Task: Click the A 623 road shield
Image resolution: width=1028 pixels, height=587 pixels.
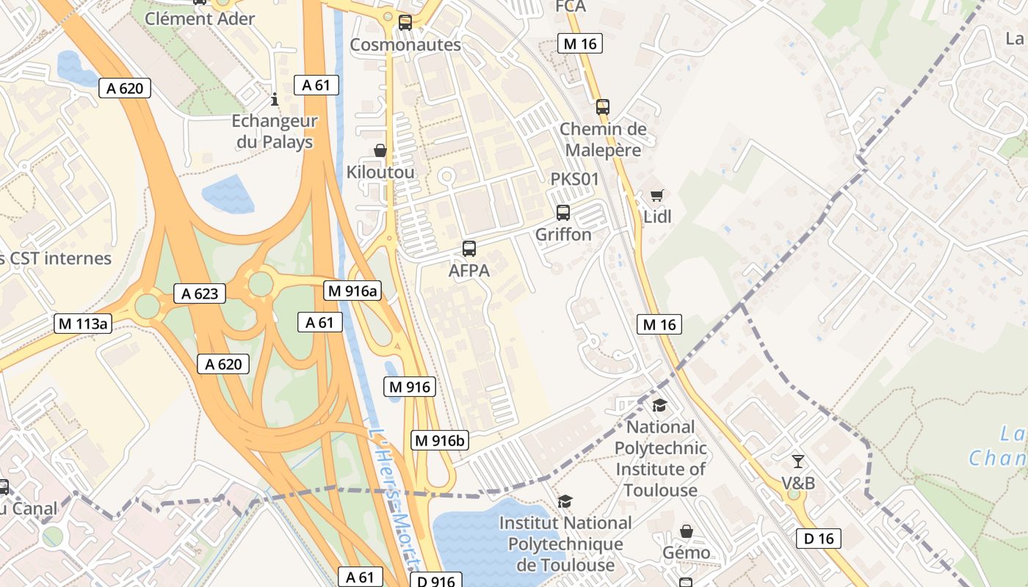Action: pos(200,294)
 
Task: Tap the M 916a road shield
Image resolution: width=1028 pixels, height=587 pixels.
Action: pos(352,291)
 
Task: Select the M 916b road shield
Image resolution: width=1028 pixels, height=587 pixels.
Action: pos(439,440)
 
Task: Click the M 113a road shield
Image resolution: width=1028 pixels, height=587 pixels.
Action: pos(82,324)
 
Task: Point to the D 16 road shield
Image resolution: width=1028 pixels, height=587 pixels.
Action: pos(819,539)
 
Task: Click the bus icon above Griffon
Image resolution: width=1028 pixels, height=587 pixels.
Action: pos(563,213)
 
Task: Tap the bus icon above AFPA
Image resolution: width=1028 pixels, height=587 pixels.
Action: pos(469,249)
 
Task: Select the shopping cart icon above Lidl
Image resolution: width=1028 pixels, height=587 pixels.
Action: pos(657,195)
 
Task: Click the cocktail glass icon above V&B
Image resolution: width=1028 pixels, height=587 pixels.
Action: pos(797,462)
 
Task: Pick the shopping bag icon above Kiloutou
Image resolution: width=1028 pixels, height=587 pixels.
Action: pos(380,150)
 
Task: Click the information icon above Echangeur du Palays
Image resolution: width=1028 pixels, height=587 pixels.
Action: pos(275,99)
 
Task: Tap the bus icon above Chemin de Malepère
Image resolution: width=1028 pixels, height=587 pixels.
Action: pos(603,107)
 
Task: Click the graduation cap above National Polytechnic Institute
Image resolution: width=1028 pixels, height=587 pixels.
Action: pos(659,405)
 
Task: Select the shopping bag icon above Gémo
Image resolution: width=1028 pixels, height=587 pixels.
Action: pos(686,531)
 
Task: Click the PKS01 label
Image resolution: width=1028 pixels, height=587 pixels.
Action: pos(575,179)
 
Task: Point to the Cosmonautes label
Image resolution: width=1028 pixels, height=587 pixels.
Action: pos(405,45)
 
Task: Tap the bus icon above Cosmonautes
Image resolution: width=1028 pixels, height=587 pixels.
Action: pos(405,23)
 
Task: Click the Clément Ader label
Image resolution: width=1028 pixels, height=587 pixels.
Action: pos(200,18)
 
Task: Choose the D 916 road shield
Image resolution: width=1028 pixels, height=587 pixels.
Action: pos(435,581)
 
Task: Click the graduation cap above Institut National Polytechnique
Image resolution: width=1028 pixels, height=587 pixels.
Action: pos(565,501)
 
